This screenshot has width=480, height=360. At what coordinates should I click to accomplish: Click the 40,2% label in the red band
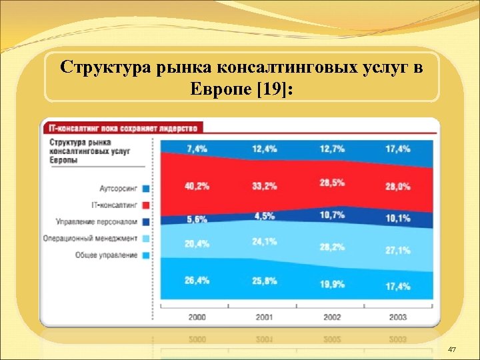(197, 186)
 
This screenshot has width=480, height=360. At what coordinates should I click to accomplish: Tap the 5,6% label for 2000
(197, 219)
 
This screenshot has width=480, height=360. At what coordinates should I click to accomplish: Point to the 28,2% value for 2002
(332, 246)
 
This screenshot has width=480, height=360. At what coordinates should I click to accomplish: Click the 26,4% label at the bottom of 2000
(197, 281)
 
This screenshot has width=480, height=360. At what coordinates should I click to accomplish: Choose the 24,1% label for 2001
(264, 241)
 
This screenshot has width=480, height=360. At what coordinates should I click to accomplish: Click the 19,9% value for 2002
(332, 283)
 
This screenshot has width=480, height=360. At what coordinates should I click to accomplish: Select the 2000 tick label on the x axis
(197, 317)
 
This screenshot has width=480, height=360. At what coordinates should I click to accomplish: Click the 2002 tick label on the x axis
(332, 317)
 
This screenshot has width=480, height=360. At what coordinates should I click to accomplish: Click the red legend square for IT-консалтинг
(145, 205)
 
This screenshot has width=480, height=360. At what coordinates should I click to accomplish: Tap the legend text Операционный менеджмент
(90, 239)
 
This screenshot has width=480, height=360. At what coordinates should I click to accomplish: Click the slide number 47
(453, 350)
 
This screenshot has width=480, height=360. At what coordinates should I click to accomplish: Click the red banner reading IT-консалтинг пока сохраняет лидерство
(124, 127)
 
